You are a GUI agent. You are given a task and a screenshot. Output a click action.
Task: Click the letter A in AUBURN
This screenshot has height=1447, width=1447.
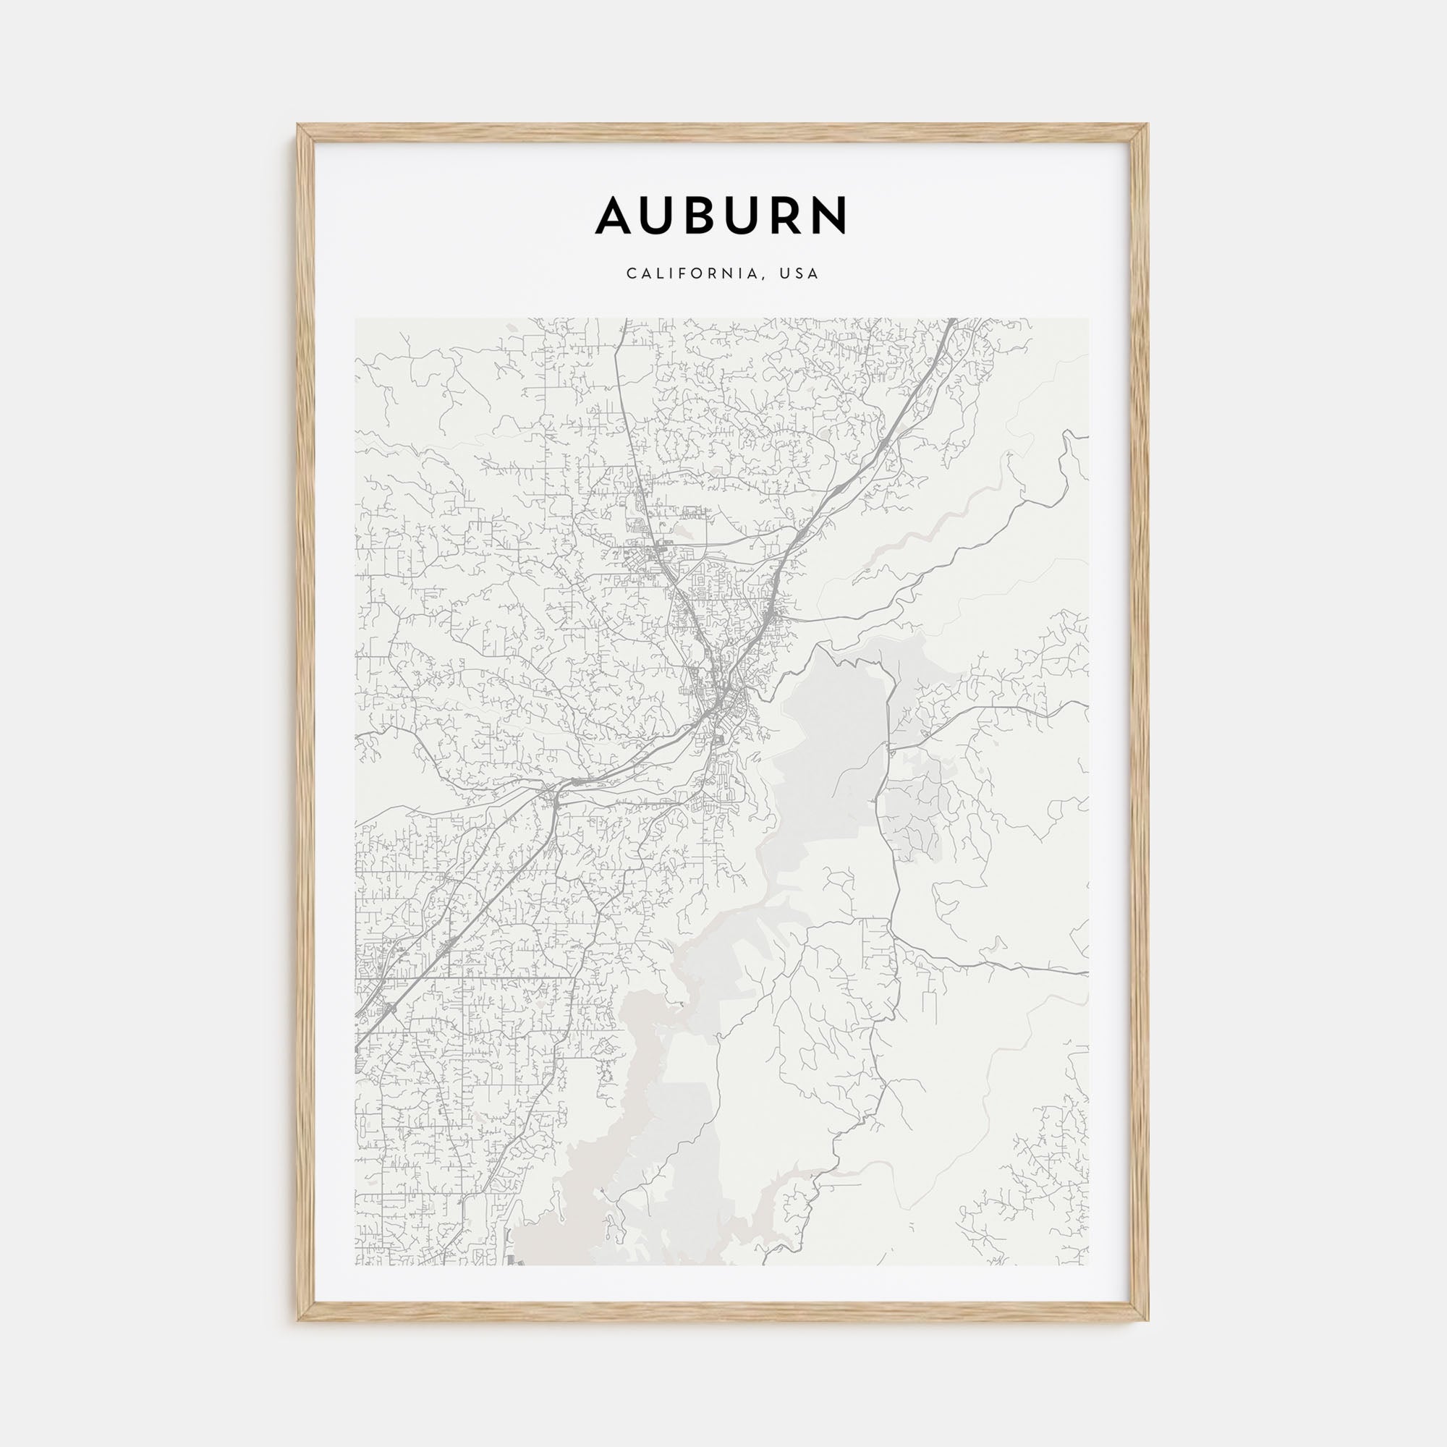pos(619,216)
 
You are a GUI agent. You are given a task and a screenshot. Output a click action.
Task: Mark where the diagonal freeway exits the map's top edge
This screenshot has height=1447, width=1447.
pos(952,321)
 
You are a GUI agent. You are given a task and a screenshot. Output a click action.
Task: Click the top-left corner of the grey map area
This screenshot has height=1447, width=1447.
pos(356,319)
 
